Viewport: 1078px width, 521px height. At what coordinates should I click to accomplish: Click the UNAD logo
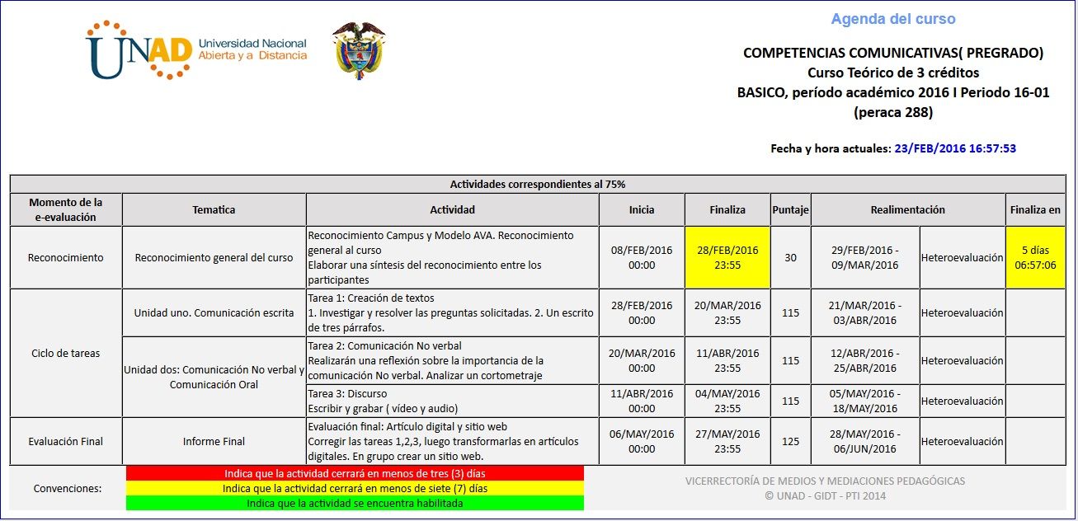coord(196,49)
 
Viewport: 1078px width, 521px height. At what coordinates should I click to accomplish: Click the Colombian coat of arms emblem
coord(359,49)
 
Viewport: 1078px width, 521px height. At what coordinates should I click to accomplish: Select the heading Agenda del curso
coord(893,19)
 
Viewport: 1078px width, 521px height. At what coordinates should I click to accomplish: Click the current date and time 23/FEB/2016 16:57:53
coord(955,149)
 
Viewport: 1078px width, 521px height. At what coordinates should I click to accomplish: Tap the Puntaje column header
coord(790,209)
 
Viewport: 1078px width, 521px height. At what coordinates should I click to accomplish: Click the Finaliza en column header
coord(1035,209)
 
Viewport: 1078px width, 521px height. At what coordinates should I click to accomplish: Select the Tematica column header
coord(214,209)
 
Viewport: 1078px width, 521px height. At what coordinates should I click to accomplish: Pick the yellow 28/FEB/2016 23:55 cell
coord(727,257)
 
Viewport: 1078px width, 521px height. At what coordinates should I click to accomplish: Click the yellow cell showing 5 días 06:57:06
coord(1035,257)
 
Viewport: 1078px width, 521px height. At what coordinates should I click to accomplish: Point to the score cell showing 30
coord(790,257)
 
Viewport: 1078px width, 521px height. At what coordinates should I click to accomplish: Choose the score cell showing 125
coord(790,441)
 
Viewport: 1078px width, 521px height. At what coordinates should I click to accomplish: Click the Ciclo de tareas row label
coord(65,353)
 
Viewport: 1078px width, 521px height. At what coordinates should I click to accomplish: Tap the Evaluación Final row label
coord(65,441)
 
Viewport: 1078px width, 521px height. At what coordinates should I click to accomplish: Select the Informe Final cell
coord(214,441)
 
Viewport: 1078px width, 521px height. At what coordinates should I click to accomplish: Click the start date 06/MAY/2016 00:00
coord(642,441)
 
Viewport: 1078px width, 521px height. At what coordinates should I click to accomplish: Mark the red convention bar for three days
coord(355,473)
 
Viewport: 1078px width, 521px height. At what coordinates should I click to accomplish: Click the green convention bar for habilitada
coord(355,503)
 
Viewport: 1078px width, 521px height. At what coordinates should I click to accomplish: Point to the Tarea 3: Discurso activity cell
coord(452,401)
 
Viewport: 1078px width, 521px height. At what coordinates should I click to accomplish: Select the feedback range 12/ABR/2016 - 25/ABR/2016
coord(865,360)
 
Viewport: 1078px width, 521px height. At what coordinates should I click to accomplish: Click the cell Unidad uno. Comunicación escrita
coord(214,312)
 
